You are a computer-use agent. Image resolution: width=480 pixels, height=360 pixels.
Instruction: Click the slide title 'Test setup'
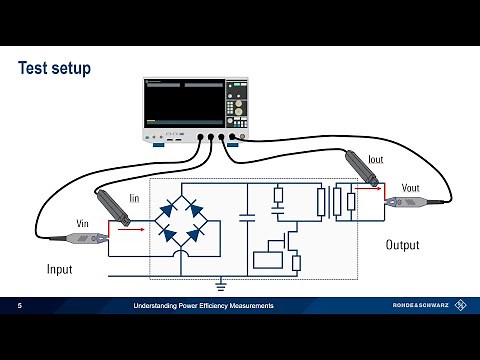click(x=55, y=69)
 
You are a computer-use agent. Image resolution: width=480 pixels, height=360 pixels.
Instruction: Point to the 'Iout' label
click(x=376, y=159)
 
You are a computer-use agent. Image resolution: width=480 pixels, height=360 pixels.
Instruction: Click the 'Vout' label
click(x=409, y=187)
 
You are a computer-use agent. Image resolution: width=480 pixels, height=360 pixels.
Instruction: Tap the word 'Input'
click(x=60, y=270)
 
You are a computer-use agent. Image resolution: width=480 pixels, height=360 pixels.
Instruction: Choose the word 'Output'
click(x=403, y=245)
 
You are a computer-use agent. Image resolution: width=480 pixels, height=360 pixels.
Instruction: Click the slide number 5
click(x=19, y=305)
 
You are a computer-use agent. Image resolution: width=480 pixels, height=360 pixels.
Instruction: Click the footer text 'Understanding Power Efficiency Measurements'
click(x=204, y=305)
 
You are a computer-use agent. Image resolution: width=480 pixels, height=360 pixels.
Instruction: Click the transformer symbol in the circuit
click(x=325, y=203)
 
